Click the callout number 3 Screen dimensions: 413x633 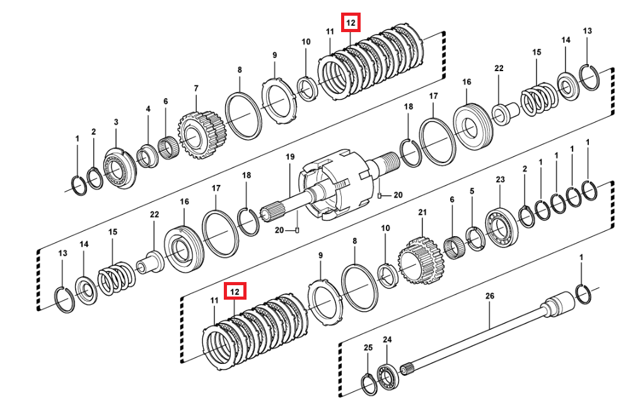click(116, 122)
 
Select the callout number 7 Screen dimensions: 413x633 click(196, 88)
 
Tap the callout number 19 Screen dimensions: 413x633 click(290, 156)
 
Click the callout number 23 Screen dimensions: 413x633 click(500, 180)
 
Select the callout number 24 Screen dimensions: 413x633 click(387, 340)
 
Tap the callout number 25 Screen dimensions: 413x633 click(368, 348)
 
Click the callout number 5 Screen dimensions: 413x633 click(472, 191)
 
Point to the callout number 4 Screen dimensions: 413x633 click(148, 109)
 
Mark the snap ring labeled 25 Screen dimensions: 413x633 click(369, 383)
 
